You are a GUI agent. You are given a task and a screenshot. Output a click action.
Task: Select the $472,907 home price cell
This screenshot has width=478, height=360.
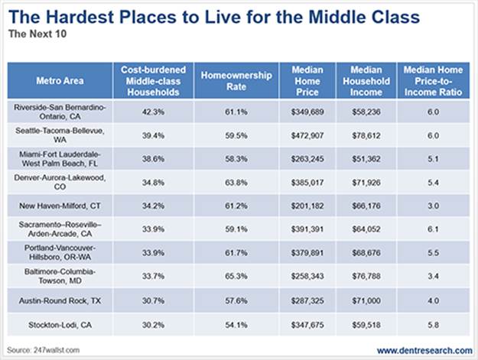click(x=307, y=135)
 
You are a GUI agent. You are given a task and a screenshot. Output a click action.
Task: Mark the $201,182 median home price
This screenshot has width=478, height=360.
click(x=307, y=206)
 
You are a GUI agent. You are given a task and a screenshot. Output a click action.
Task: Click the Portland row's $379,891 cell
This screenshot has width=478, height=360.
click(x=307, y=252)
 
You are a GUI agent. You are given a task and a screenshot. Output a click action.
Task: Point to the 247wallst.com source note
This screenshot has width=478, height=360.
click(x=40, y=349)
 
